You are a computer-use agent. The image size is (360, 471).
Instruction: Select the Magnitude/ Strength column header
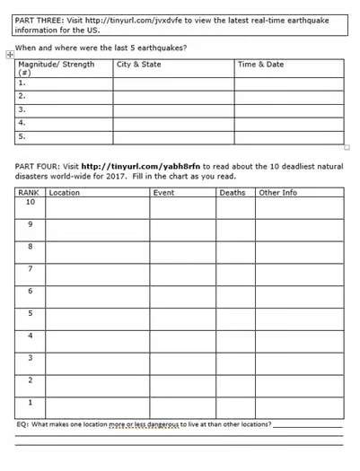tap(56, 65)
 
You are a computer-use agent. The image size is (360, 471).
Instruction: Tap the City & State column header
tap(140, 65)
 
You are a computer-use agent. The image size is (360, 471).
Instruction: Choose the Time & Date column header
tap(261, 65)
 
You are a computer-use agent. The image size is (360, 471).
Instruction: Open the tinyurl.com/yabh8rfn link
tap(141, 166)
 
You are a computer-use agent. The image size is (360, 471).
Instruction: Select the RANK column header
tap(30, 193)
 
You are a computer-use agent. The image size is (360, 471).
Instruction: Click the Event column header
tap(164, 193)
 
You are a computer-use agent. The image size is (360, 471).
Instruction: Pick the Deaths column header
tap(232, 193)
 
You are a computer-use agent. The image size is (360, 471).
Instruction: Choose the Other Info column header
tap(278, 193)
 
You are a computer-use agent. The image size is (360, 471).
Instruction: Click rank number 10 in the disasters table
tap(30, 203)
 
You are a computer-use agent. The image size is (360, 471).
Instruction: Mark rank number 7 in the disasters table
tap(30, 268)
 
